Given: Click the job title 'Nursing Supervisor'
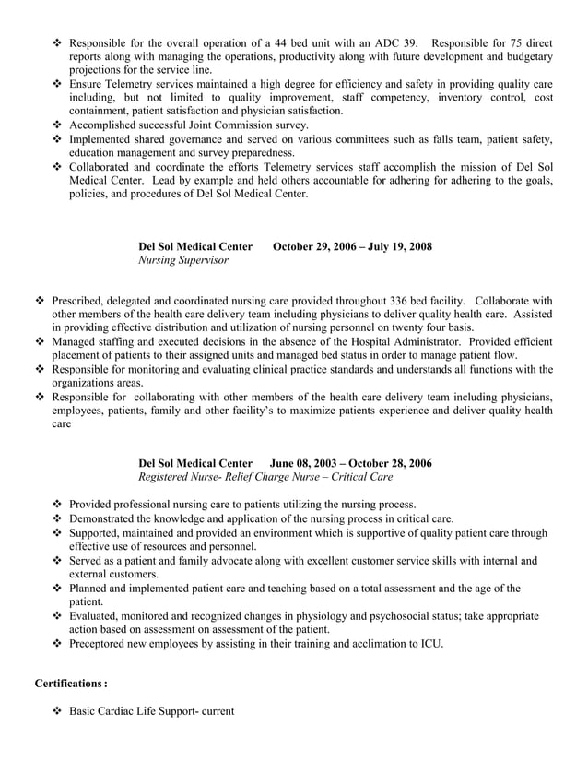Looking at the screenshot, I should click(x=183, y=260).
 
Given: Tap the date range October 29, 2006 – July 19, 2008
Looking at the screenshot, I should click(x=353, y=246).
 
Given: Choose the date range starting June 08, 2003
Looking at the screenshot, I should click(x=350, y=462).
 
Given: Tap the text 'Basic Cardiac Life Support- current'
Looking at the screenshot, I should click(x=152, y=712).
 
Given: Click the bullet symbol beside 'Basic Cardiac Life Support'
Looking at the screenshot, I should click(x=57, y=712).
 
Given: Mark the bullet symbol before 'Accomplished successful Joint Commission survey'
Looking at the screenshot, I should click(x=57, y=125).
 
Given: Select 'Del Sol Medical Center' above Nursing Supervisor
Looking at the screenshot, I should click(x=195, y=246).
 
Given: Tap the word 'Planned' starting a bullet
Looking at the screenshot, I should click(x=91, y=589).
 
